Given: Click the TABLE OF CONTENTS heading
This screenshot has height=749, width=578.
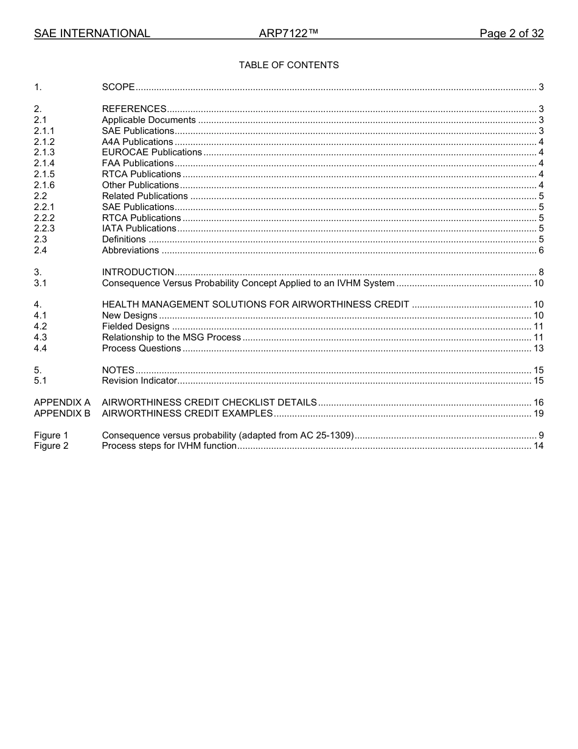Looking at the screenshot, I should coord(288,65).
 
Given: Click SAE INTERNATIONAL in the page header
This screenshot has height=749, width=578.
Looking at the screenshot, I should coord(92,33).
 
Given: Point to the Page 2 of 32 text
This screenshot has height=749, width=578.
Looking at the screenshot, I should coord(511,33).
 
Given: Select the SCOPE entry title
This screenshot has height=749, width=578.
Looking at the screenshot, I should coord(118,87).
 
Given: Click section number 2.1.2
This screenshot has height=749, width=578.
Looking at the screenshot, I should coord(44,142).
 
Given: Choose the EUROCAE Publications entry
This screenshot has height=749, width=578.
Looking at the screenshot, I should coord(151,152).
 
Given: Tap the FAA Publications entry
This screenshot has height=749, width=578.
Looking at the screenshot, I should coord(138,163).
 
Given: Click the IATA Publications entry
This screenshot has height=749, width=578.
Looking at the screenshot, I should coord(139,228).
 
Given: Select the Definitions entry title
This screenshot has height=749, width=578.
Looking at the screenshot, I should coord(124,239).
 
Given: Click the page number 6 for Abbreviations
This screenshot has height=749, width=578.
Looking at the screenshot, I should coord(541,250).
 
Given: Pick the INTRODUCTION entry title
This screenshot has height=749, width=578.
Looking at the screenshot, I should coord(138,272).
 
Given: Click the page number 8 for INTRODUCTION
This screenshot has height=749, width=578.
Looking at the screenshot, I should coord(541,272).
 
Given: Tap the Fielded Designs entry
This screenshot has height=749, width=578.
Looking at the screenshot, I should coord(136,326).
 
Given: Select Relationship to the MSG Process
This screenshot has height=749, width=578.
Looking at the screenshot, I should coord(172,337).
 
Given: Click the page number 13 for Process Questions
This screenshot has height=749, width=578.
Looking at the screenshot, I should coord(538,348).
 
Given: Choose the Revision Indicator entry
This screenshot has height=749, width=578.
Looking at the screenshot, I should coord(139,381).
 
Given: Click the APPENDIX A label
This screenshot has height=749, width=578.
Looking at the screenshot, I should coord(62,403).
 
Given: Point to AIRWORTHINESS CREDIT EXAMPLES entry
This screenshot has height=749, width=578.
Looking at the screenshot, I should coord(187,413).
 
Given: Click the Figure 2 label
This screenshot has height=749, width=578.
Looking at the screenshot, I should coord(51,446).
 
